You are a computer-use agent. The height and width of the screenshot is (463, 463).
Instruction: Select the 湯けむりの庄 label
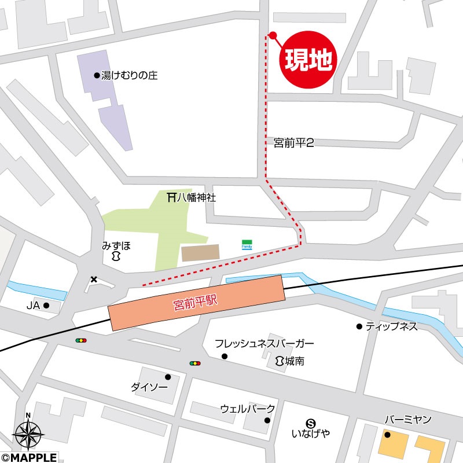[x=129, y=76]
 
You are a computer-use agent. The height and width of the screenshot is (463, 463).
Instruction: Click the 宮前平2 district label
[x=293, y=142]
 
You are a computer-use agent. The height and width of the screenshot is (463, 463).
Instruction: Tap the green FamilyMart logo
[x=247, y=244]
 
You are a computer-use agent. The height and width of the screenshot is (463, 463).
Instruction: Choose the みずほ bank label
[x=117, y=245]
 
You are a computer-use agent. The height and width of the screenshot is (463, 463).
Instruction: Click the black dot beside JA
[x=46, y=305]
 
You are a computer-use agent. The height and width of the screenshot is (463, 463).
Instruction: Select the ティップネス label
[x=391, y=326]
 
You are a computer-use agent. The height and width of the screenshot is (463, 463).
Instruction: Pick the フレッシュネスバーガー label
[x=264, y=344]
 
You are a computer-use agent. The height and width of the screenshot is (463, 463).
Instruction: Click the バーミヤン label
[x=408, y=420]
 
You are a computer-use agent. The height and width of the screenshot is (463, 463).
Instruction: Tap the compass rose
[x=28, y=432]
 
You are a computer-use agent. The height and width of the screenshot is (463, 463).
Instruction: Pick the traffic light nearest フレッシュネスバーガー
[x=195, y=363]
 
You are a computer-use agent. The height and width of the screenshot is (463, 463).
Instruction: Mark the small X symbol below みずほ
[x=94, y=280]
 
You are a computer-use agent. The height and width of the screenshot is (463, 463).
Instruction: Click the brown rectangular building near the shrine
[x=200, y=253]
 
